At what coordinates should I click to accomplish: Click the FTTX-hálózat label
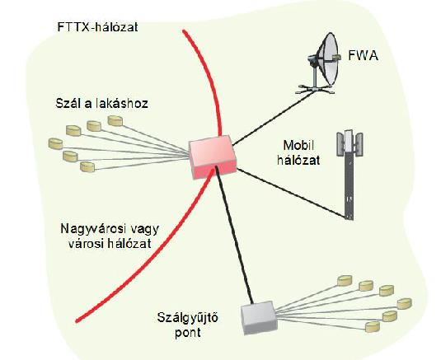97,27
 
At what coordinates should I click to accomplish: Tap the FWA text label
363,56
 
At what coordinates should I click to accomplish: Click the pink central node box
213,157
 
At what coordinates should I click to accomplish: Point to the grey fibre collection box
259,318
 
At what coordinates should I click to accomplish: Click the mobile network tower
350,175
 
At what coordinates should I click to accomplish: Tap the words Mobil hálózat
298,153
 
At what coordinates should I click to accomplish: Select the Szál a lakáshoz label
102,104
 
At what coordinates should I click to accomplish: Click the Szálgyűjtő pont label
188,325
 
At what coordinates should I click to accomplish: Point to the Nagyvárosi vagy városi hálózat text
110,236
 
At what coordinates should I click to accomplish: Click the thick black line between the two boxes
234,236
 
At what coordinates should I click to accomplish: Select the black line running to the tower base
291,193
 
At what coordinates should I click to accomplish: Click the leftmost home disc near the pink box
55,143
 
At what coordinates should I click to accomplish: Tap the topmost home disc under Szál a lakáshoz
115,120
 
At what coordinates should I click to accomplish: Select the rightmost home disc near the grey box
405,303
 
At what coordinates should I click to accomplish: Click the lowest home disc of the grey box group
373,327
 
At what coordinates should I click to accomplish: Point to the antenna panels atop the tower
350,143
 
